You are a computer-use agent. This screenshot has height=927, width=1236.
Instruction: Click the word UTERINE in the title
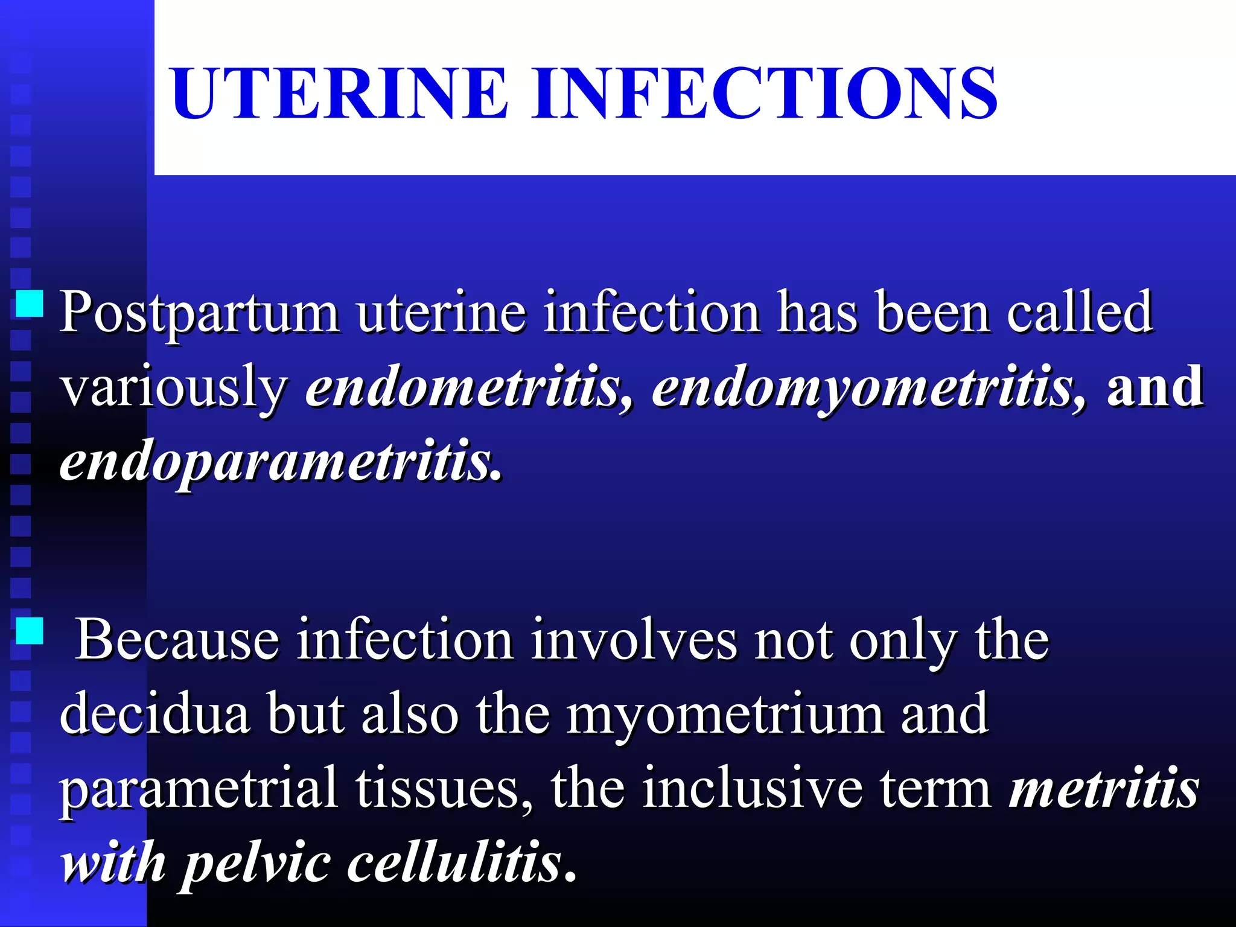[339, 94]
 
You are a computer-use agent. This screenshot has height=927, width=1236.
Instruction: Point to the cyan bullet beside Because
[29, 631]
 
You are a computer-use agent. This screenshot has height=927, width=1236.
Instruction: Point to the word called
[1080, 313]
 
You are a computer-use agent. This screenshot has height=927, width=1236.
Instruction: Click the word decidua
[154, 715]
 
